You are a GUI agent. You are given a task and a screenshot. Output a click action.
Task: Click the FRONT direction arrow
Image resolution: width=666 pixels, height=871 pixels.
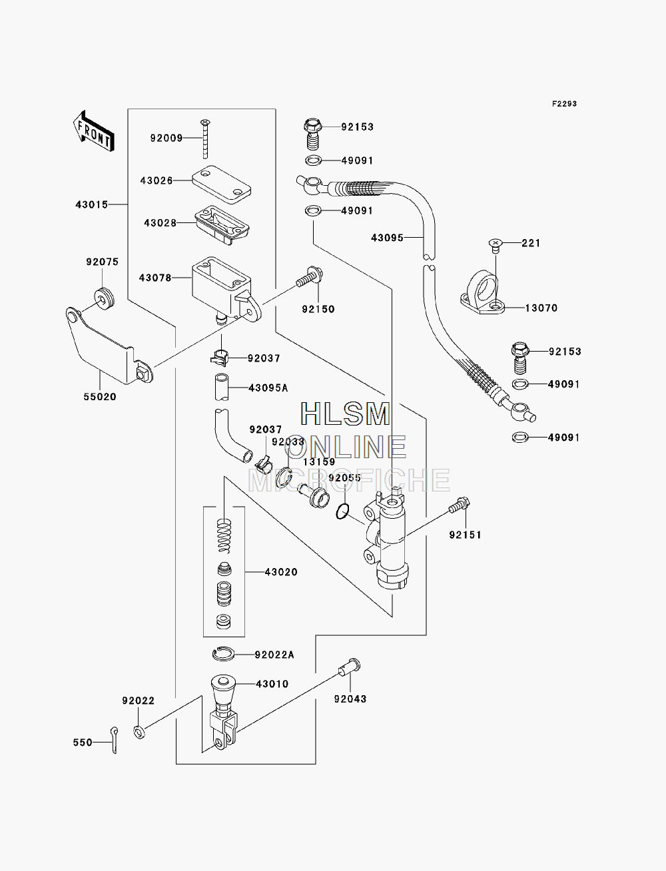tap(94, 131)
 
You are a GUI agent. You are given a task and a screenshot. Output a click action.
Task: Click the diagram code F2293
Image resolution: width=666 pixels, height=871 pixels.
tap(564, 104)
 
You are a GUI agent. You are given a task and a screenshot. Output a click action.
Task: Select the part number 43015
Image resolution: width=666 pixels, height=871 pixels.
tap(92, 204)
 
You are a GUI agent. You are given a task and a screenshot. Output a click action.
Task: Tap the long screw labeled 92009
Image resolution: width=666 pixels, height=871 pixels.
tap(205, 139)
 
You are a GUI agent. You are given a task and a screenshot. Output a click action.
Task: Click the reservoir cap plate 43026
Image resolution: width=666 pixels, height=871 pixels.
tap(221, 184)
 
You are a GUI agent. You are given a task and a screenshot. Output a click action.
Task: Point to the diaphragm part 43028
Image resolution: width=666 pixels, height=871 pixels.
tap(222, 224)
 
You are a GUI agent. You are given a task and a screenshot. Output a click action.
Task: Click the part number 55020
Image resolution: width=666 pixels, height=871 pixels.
tap(100, 396)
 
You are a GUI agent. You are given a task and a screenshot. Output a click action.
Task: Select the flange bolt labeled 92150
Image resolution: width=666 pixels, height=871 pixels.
tap(310, 276)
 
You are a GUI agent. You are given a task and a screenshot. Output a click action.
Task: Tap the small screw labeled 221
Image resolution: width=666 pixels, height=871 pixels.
tap(496, 244)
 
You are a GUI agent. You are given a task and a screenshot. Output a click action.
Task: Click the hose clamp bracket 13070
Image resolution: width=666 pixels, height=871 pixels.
tap(482, 292)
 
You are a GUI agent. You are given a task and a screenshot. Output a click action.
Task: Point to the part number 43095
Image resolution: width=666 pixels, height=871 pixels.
tap(387, 238)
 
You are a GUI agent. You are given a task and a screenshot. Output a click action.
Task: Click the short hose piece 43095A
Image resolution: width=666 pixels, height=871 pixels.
tap(222, 388)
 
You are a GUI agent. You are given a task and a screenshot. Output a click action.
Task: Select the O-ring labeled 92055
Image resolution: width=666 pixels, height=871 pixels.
tap(343, 511)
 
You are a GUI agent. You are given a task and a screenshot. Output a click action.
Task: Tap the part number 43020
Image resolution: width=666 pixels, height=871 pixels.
tap(281, 572)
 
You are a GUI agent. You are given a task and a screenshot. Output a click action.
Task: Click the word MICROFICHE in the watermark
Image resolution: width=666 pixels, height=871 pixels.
tap(349, 481)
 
